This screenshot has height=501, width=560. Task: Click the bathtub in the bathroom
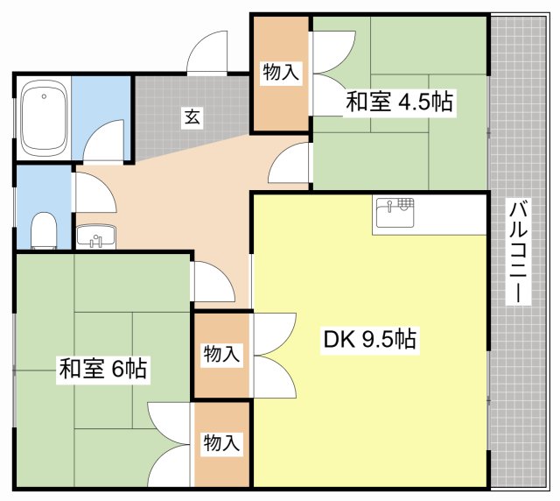pyautogui.click(x=44, y=117)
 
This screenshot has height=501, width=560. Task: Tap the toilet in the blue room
pyautogui.click(x=44, y=230)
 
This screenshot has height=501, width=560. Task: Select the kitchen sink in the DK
pyautogui.click(x=395, y=212)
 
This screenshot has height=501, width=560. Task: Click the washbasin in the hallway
pyautogui.click(x=95, y=236)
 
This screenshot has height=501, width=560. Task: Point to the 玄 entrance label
pyautogui.click(x=192, y=116)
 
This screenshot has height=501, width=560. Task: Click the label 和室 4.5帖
pyautogui.click(x=399, y=102)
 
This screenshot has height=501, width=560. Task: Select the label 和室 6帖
pyautogui.click(x=103, y=369)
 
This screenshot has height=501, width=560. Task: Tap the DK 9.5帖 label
pyautogui.click(x=369, y=339)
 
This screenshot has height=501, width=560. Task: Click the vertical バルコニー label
pyautogui.click(x=518, y=251)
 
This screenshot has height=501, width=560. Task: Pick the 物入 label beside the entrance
pyautogui.click(x=280, y=72)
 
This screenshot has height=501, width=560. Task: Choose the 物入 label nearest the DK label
pyautogui.click(x=221, y=354)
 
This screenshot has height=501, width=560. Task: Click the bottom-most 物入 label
pyautogui.click(x=221, y=442)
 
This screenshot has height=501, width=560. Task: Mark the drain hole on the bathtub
pyautogui.click(x=44, y=96)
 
